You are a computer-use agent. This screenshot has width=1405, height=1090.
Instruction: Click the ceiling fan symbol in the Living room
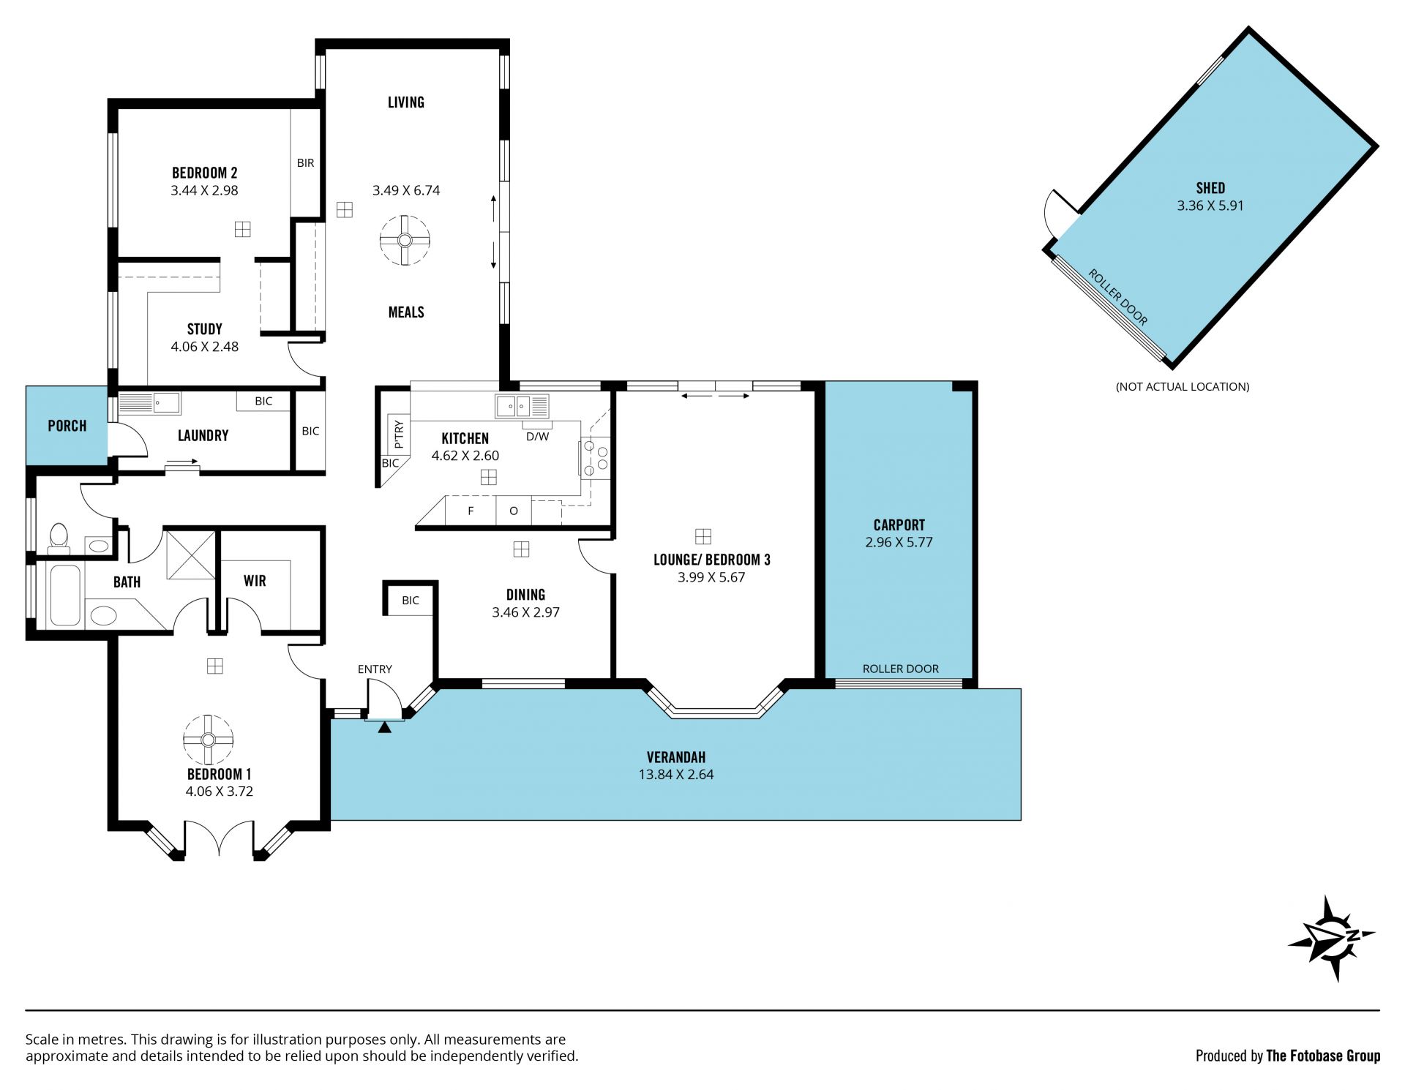405,240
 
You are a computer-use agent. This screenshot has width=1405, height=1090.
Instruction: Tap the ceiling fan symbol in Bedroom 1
208,740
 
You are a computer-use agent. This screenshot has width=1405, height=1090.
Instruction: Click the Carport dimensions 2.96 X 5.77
899,542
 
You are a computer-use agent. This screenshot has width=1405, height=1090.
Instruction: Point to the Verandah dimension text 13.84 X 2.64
675,774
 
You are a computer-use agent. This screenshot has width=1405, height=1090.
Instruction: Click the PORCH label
67,426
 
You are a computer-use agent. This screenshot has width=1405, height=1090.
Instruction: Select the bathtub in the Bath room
65,595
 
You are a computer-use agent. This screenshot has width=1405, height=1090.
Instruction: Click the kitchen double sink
522,405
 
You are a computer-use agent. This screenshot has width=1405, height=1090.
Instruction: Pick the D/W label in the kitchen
537,437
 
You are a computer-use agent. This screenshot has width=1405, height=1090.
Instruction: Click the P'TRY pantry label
399,434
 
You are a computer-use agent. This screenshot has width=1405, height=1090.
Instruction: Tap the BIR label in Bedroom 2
305,162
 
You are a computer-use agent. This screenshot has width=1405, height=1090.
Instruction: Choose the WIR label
255,581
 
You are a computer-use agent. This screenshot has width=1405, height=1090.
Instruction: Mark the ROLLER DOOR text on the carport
900,669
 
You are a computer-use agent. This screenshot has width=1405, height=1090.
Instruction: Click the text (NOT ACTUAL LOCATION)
1183,386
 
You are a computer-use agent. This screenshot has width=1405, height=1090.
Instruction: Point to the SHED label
1210,188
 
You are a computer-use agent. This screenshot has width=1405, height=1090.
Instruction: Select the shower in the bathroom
191,555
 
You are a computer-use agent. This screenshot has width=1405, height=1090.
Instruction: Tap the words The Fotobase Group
1323,1056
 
